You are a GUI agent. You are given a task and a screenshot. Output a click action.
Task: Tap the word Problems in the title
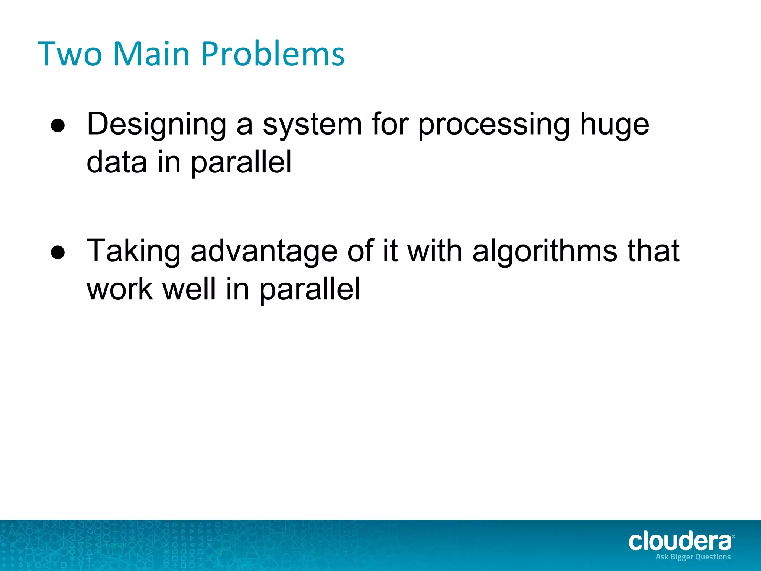pyautogui.click(x=273, y=55)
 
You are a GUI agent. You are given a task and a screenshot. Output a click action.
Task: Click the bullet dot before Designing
pyautogui.click(x=58, y=126)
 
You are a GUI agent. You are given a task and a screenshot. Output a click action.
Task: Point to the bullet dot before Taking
pyautogui.click(x=58, y=253)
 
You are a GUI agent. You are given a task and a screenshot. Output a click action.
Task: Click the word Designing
pyautogui.click(x=156, y=125)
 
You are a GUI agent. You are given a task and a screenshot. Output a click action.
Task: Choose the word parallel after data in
pyautogui.click(x=241, y=163)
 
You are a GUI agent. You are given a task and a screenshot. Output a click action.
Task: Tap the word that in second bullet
pyautogui.click(x=654, y=251)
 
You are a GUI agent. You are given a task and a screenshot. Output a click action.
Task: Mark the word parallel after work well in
pyautogui.click(x=310, y=290)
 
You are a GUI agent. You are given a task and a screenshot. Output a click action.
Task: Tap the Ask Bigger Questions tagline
pyautogui.click(x=693, y=557)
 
